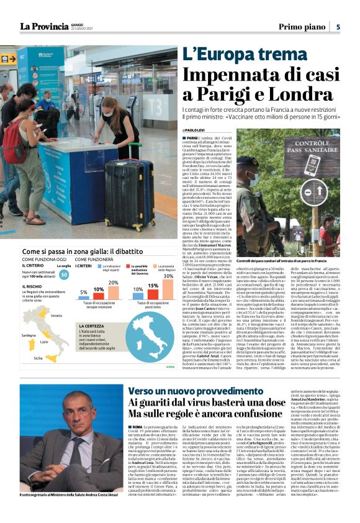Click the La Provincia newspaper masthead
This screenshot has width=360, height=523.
(x=44, y=25)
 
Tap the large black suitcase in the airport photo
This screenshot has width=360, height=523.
(x=132, y=193)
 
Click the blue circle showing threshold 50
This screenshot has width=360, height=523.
(x=64, y=275)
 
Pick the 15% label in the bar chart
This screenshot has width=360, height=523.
(x=152, y=286)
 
